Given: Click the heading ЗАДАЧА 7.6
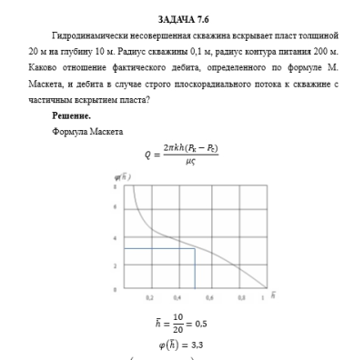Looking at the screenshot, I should [181, 18].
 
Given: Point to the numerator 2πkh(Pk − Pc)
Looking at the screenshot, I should [190, 148].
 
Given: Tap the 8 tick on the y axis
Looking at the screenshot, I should [116, 185].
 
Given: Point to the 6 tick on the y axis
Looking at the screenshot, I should [116, 210].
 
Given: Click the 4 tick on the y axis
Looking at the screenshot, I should [116, 237].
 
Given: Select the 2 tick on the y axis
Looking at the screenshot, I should [116, 265].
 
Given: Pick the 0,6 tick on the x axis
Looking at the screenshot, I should [210, 297].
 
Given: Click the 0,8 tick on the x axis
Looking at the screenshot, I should [240, 297].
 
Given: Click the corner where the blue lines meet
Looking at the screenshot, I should [195, 248].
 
